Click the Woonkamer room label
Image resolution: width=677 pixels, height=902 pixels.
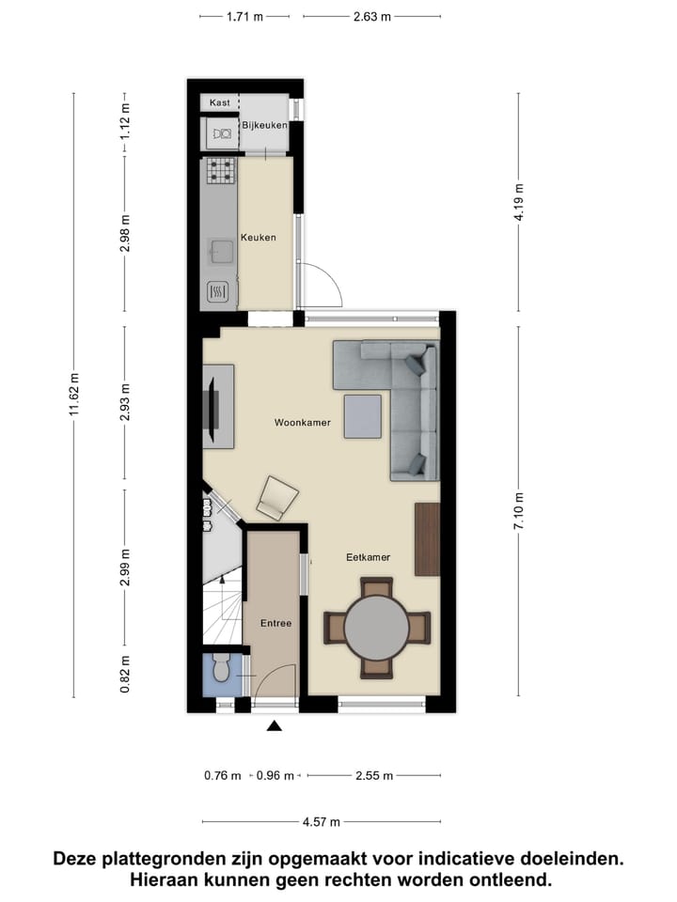point(302,423)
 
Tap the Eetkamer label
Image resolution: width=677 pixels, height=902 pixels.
point(367,557)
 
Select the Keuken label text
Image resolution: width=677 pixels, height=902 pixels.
point(259,238)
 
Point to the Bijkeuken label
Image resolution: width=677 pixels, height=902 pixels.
point(264,125)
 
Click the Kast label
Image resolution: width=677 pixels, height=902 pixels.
point(219,102)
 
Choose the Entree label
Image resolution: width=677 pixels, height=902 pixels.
point(276,623)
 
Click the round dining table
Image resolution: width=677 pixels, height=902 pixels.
point(376,627)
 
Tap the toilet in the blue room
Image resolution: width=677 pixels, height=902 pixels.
point(221,669)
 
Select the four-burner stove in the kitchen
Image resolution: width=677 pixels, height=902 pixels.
point(220,170)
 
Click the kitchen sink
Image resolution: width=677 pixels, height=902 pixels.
point(221,251)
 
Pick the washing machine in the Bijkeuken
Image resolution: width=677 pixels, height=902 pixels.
point(222,135)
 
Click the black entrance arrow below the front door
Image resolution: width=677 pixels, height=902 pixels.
point(275,725)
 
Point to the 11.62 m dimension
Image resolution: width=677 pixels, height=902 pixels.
point(74,394)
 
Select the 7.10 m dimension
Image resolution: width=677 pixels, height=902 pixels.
point(518,511)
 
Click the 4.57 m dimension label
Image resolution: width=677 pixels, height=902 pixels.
point(322,822)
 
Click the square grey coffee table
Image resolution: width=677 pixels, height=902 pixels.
point(362,416)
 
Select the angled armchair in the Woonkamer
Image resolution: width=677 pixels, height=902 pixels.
point(277,497)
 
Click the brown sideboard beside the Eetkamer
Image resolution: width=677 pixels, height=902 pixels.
point(427,538)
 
